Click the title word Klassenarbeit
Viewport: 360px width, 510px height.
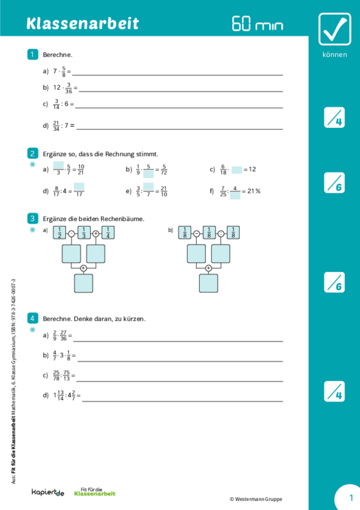pos(82,24)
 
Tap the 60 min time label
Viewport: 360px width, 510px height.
pos(257,24)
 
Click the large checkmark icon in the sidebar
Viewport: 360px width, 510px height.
pos(334,29)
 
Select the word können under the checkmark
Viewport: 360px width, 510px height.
pos(334,55)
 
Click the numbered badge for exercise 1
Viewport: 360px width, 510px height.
pos(32,54)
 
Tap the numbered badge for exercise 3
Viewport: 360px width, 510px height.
pos(32,218)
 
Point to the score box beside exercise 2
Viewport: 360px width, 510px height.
pos(334,183)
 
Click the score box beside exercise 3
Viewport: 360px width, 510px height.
pos(334,282)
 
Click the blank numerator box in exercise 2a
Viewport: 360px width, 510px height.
pos(58,165)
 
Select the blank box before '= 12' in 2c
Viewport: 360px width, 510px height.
pos(236,170)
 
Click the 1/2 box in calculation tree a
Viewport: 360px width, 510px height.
pos(60,233)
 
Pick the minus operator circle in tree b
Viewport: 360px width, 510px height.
pos(197,233)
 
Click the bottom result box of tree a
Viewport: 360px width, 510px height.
pos(83,283)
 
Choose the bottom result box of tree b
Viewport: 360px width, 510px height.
pos(208,283)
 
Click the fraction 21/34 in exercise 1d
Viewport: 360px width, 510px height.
pos(56,126)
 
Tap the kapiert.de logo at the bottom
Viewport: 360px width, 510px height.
pos(48,493)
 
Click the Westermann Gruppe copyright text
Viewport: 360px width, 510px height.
pos(255,499)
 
